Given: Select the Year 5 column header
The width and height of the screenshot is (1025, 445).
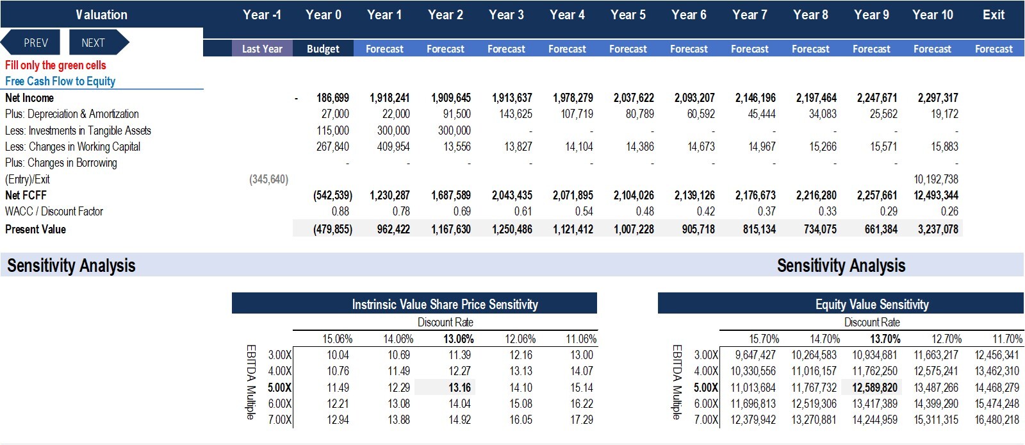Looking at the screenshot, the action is (628, 15).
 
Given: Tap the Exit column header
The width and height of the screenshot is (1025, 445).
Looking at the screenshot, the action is (994, 15).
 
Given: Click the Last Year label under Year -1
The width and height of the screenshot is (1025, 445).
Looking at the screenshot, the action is (262, 49).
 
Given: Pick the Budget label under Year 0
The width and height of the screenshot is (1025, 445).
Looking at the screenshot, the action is (323, 49).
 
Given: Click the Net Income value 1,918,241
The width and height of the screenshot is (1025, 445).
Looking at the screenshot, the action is (389, 97).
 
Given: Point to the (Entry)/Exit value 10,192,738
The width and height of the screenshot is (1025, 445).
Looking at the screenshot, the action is (936, 179).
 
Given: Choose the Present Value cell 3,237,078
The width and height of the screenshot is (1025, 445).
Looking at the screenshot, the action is (938, 229).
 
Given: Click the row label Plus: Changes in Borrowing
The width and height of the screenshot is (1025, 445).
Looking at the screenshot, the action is (61, 162).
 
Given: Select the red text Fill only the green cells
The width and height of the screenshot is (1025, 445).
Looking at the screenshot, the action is (55, 65).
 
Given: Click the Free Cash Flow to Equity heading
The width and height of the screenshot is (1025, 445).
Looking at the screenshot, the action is (60, 81).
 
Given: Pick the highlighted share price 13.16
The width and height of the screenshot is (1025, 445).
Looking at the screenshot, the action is (459, 387).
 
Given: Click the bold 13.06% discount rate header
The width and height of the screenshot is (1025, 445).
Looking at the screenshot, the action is (459, 339).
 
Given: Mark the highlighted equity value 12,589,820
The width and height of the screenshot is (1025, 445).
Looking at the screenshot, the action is (874, 387).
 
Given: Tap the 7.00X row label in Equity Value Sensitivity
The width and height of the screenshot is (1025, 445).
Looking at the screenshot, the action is (706, 419).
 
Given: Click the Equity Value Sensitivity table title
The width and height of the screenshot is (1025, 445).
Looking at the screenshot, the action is (872, 304).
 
